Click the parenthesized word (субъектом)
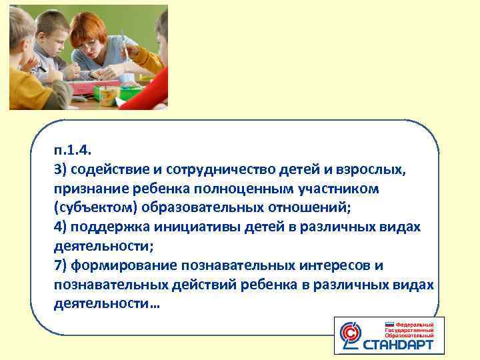(x=91, y=208)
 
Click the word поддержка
(x=107, y=227)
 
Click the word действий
(x=211, y=285)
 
